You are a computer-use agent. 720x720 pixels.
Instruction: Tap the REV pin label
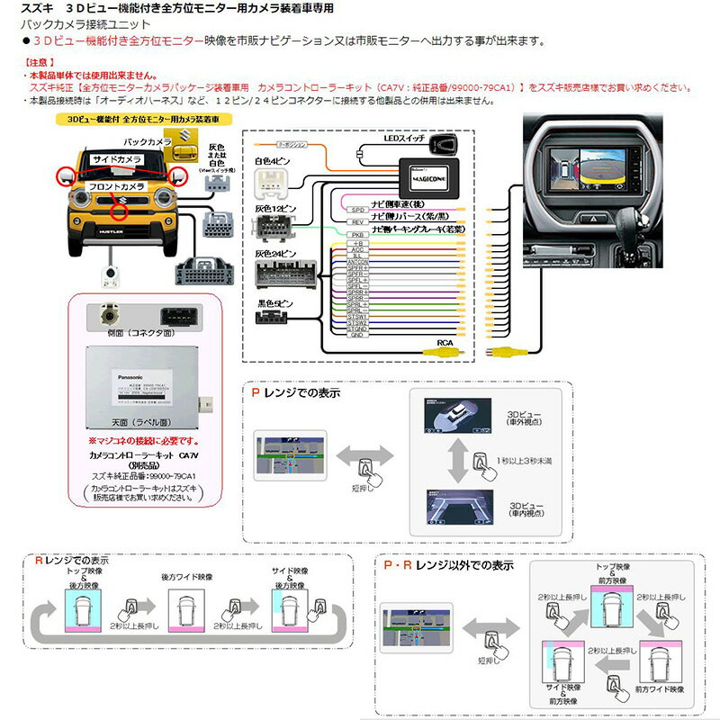pyautogui.click(x=356, y=221)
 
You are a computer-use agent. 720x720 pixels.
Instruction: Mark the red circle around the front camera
pyautogui.click(x=118, y=211)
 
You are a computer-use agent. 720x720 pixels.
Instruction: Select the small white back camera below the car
pyautogui.click(x=116, y=274)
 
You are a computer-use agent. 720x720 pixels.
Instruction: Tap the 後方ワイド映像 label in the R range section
pyautogui.click(x=187, y=577)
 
